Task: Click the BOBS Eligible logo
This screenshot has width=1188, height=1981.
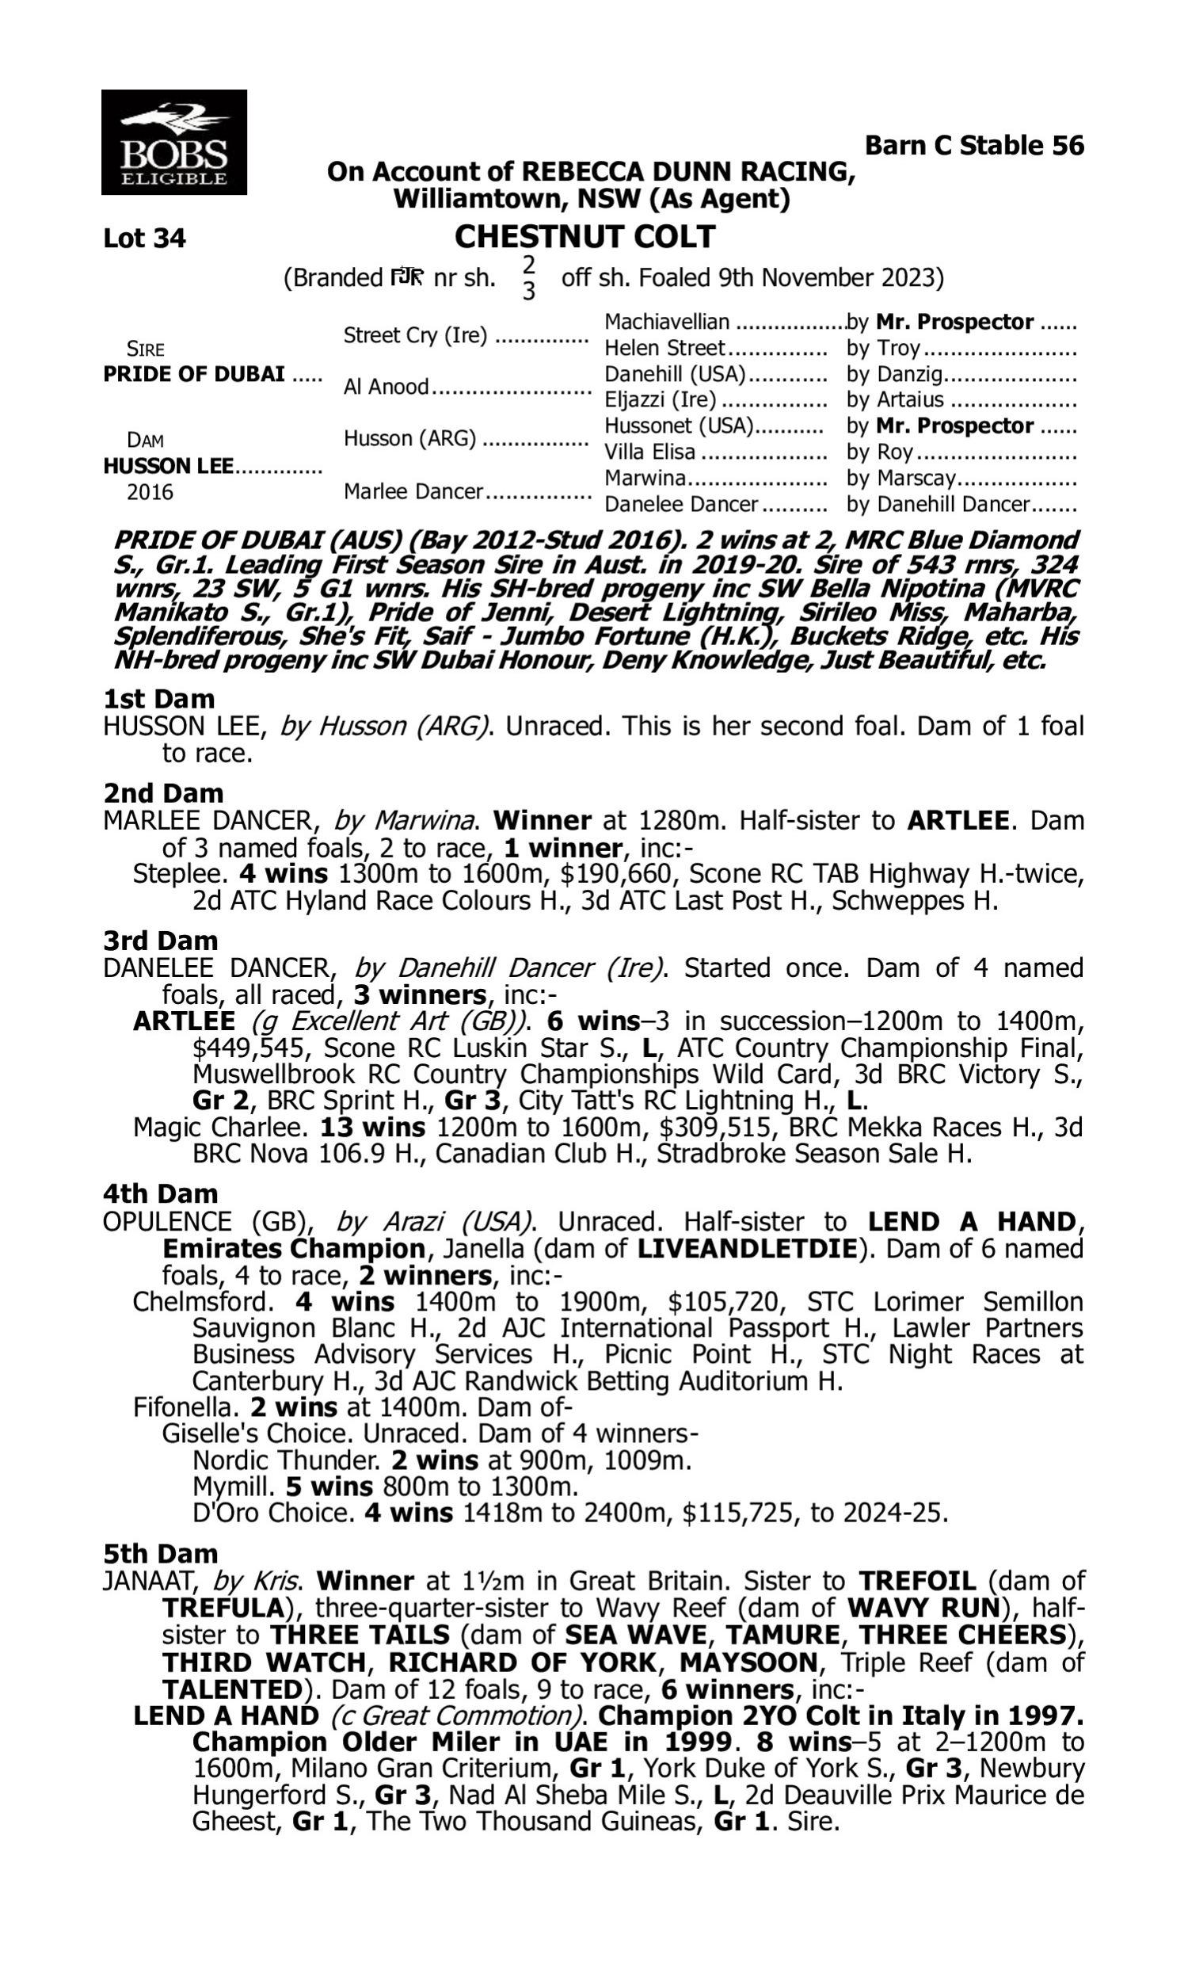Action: click(173, 143)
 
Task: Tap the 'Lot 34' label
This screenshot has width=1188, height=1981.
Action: click(144, 239)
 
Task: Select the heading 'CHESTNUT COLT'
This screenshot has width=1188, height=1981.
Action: click(584, 237)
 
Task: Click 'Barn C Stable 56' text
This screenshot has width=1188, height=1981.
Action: click(974, 146)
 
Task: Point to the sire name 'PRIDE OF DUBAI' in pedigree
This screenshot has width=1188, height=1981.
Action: click(194, 374)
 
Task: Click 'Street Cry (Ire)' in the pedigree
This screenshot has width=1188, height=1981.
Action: click(415, 335)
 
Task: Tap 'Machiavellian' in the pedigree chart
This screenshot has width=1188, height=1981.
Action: click(667, 322)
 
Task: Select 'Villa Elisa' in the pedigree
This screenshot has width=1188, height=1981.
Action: click(649, 452)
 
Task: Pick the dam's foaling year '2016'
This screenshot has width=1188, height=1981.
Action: click(150, 491)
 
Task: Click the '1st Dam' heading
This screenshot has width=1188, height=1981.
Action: click(159, 699)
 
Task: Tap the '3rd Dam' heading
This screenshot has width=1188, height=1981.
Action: click(160, 940)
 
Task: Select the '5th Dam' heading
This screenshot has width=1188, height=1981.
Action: click(160, 1553)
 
